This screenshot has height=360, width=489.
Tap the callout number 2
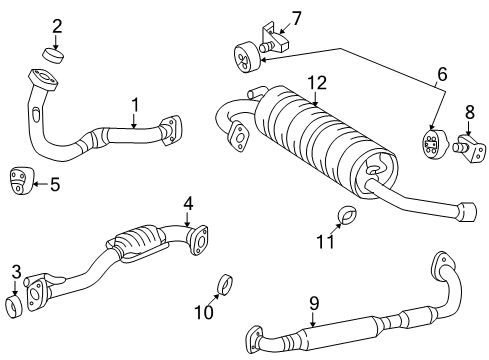57,26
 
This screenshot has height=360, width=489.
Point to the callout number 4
187,204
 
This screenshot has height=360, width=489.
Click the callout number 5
55,183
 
